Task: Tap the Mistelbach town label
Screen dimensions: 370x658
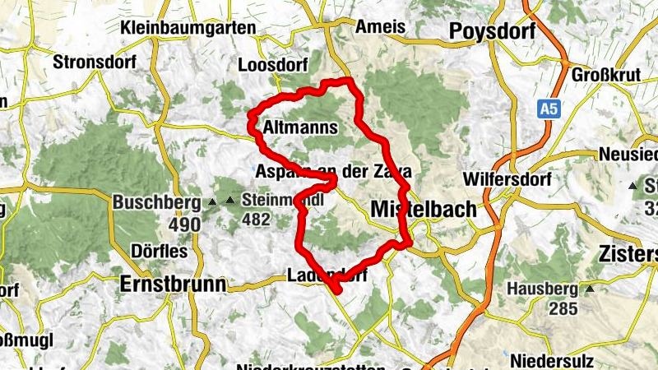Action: point(424,209)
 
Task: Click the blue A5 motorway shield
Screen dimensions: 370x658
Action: point(549,107)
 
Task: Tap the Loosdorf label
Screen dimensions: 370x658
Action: point(271,65)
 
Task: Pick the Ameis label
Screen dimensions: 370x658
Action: point(381,27)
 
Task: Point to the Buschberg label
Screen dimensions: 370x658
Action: point(157,201)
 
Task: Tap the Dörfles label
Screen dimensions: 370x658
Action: point(159,251)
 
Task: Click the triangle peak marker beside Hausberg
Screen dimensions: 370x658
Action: point(589,289)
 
